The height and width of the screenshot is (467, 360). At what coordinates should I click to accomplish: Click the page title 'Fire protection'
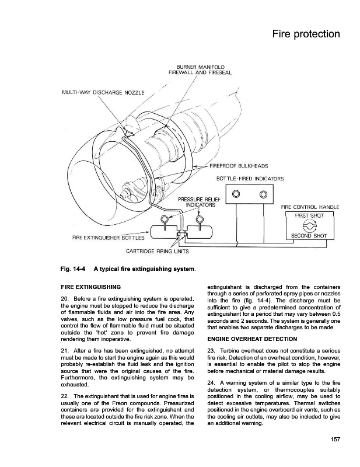[306, 34]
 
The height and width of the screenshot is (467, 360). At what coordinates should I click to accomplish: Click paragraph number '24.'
[212, 382]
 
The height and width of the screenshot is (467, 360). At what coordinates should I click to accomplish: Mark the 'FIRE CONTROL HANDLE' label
[310, 207]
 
